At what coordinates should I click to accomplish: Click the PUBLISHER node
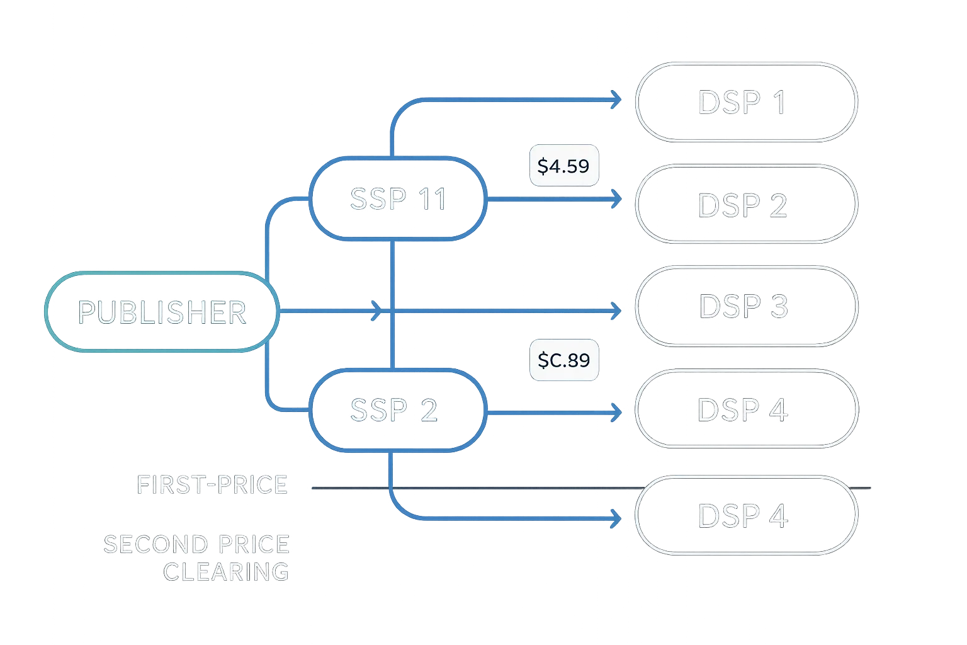[162, 312]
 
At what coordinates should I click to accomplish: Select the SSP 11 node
[398, 199]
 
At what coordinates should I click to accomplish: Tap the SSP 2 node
[393, 410]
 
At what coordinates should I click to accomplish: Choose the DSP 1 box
[746, 102]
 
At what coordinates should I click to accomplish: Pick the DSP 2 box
[746, 205]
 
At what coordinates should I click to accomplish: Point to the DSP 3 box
[746, 306]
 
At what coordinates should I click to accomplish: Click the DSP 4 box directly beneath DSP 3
[746, 409]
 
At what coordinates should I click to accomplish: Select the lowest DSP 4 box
[746, 516]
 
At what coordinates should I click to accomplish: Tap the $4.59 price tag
[563, 166]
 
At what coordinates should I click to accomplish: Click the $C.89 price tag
[563, 360]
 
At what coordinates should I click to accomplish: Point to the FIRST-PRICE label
[212, 485]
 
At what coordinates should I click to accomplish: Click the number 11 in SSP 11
[433, 199]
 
